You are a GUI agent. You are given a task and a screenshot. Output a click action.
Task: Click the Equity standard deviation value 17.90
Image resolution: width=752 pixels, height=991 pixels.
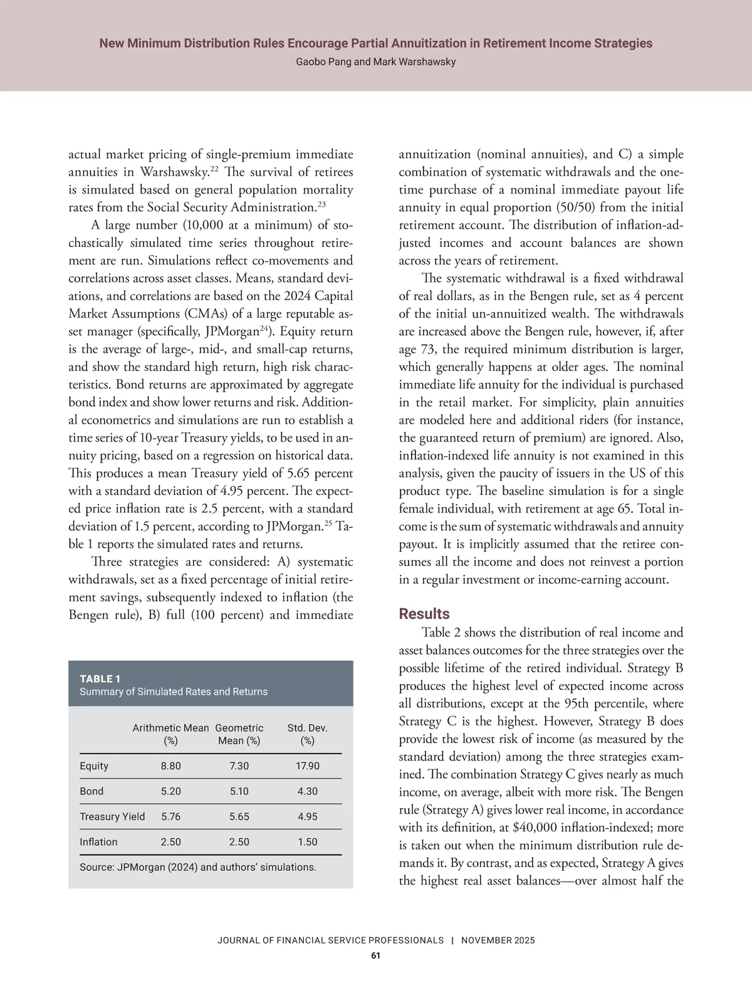pyautogui.click(x=307, y=766)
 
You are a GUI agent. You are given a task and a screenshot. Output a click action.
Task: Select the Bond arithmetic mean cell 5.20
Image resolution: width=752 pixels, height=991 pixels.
pyautogui.click(x=170, y=791)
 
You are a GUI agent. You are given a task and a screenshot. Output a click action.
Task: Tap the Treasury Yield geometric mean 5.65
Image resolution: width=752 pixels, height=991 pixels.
pyautogui.click(x=239, y=816)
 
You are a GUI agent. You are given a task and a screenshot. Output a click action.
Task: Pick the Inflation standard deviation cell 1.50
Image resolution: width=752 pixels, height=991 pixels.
pyautogui.click(x=307, y=842)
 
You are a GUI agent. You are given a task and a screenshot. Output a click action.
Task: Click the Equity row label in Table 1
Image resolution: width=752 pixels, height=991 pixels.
pyautogui.click(x=94, y=766)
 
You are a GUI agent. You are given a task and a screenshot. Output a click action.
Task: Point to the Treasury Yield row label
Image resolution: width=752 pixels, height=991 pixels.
pyautogui.click(x=112, y=816)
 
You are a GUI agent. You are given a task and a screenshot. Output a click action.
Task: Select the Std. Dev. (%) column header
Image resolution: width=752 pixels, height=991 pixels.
pyautogui.click(x=307, y=734)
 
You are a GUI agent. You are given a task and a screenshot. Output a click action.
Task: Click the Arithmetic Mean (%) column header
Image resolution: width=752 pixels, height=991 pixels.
pyautogui.click(x=170, y=734)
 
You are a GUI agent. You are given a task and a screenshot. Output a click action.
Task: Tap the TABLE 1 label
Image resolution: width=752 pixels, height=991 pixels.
pyautogui.click(x=100, y=678)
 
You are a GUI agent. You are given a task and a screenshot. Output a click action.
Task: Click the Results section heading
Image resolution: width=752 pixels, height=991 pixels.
pyautogui.click(x=424, y=613)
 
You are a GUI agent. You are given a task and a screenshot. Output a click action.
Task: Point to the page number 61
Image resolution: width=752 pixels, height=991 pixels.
pyautogui.click(x=376, y=955)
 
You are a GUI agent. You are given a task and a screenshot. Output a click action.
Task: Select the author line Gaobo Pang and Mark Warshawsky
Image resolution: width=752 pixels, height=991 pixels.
pyautogui.click(x=376, y=62)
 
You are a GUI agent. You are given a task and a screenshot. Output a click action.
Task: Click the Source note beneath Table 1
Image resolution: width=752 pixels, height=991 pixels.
pyautogui.click(x=198, y=868)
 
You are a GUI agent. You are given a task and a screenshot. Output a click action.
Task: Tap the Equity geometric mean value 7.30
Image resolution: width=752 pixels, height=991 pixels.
pyautogui.click(x=239, y=766)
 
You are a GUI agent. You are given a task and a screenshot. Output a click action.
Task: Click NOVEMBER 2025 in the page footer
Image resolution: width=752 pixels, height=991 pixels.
pyautogui.click(x=498, y=940)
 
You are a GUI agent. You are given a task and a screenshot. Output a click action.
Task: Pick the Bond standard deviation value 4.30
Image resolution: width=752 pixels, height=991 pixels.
pyautogui.click(x=307, y=791)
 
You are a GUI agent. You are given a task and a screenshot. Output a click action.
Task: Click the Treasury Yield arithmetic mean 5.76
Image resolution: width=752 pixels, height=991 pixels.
pyautogui.click(x=170, y=816)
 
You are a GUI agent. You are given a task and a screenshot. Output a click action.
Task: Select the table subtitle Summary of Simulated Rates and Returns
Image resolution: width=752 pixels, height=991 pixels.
pyautogui.click(x=174, y=692)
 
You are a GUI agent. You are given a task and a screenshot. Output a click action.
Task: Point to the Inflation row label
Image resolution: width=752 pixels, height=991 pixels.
pyautogui.click(x=98, y=842)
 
